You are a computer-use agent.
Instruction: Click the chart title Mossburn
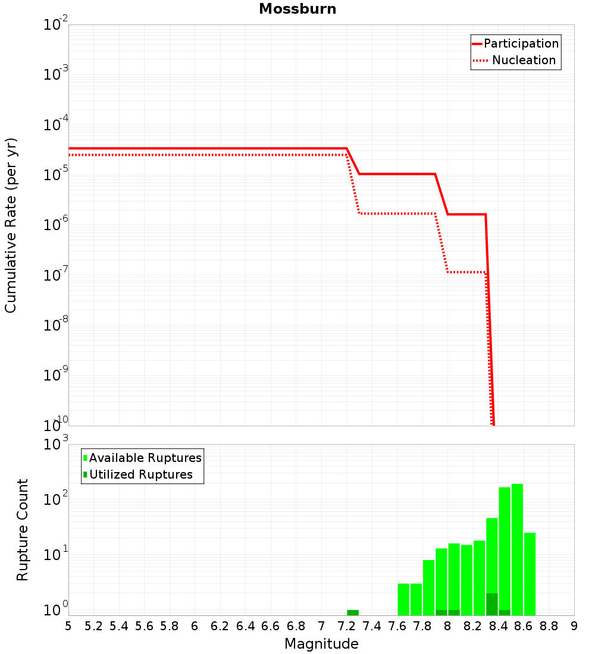(x=297, y=10)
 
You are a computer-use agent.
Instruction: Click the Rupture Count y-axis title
(x=23, y=529)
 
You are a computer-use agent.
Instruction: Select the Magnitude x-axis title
(x=321, y=643)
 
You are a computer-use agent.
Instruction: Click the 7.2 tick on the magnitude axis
(x=346, y=625)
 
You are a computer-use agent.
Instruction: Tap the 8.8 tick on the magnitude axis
(x=549, y=625)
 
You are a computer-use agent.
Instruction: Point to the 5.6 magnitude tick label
(x=144, y=625)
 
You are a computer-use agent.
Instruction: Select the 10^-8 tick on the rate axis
(x=56, y=325)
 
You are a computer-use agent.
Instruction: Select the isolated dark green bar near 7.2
(x=353, y=612)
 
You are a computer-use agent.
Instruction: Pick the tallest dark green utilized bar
(x=492, y=604)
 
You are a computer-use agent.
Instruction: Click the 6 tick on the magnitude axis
(x=195, y=625)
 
